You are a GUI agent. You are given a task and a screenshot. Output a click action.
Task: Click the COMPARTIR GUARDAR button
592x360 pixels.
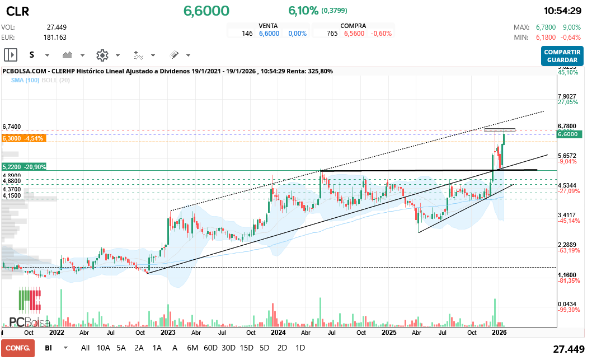click(x=562, y=55)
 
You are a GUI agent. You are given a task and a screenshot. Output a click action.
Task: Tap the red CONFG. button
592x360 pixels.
click(x=17, y=348)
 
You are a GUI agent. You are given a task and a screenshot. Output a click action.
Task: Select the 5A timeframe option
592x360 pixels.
click(x=121, y=348)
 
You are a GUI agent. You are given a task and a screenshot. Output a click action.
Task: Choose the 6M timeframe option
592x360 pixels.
click(x=192, y=348)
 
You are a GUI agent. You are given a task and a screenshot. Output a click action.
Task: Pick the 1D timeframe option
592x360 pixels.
click(x=300, y=348)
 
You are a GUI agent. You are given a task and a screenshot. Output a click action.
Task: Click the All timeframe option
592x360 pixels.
click(x=85, y=348)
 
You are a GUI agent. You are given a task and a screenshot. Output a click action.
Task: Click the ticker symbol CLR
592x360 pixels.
click(x=18, y=11)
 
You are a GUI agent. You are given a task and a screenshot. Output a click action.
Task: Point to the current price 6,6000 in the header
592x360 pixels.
click(x=206, y=11)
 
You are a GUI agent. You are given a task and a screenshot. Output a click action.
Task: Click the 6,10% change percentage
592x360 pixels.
click(x=303, y=11)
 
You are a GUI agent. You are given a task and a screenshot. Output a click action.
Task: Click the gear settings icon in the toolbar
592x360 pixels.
click(x=102, y=55)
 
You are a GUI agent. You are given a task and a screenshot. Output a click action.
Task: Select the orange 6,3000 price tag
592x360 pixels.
click(x=24, y=138)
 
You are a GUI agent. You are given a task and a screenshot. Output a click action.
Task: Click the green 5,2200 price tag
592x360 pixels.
click(x=24, y=167)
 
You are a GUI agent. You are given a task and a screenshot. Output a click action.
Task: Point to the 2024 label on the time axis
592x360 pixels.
click(x=278, y=331)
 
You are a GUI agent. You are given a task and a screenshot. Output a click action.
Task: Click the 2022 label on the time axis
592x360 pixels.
click(x=57, y=331)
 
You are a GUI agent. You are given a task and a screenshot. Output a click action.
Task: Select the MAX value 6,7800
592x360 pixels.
click(x=546, y=27)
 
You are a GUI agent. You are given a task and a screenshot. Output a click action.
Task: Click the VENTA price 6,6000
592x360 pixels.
click(x=269, y=34)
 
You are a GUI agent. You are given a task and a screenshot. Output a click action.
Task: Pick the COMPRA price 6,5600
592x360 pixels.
click(x=354, y=34)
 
